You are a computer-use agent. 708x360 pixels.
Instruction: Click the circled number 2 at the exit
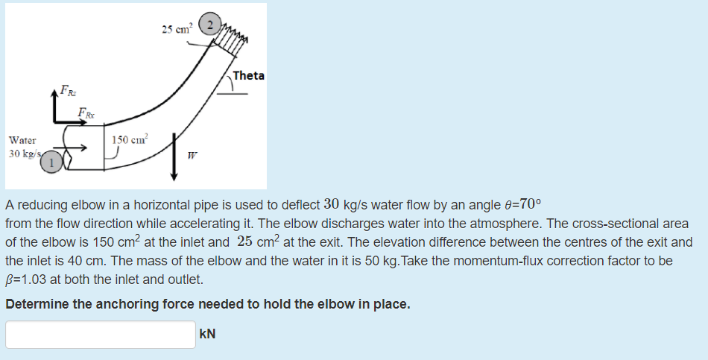pos(210,26)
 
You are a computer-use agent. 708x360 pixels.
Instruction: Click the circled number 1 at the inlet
pos(51,162)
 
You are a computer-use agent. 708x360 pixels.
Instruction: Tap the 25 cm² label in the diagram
pos(177,29)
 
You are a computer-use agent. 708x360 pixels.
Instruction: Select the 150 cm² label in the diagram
pos(130,139)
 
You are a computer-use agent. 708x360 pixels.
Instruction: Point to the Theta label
pos(248,75)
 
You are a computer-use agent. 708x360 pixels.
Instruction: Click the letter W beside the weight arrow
pos(192,157)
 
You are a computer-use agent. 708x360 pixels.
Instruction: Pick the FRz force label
pos(67,92)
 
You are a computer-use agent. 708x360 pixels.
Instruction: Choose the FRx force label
pos(86,113)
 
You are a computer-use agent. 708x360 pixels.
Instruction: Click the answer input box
pos(101,334)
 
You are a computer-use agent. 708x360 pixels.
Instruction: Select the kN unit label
pos(208,334)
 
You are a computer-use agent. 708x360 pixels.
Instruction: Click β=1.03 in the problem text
pos(29,280)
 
